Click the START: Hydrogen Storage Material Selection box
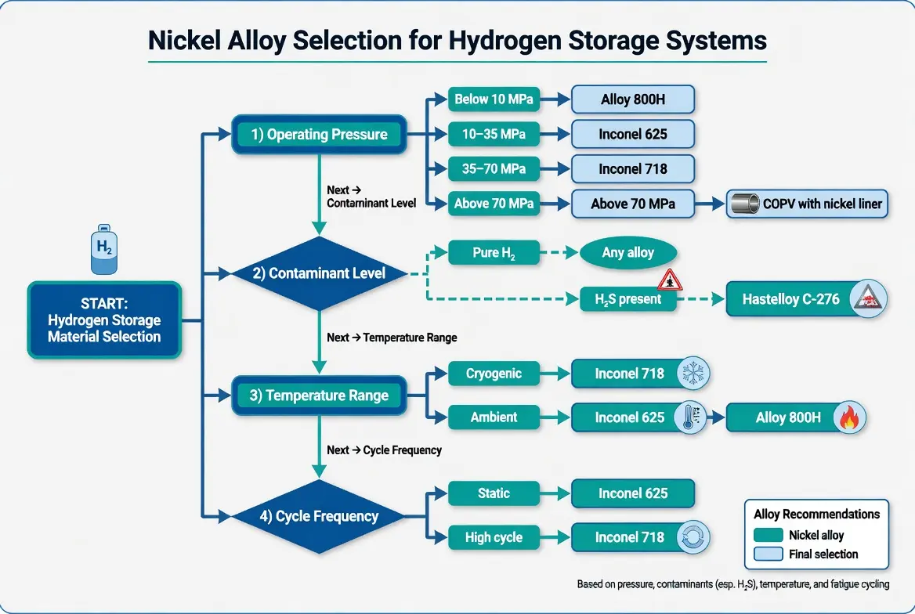pyautogui.click(x=105, y=320)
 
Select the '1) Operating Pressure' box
pyautogui.click(x=319, y=135)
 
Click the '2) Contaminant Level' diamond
pyautogui.click(x=319, y=274)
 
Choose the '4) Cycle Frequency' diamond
pyautogui.click(x=319, y=517)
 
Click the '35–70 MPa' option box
pyautogui.click(x=493, y=169)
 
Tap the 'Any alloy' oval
pyautogui.click(x=627, y=253)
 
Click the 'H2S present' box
pyautogui.click(x=627, y=299)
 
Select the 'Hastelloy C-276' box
pyautogui.click(x=806, y=299)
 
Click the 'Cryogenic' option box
pyautogui.click(x=494, y=374)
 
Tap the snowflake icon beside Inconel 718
pyautogui.click(x=692, y=373)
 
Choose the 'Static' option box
pyautogui.click(x=493, y=493)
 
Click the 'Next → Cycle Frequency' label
pyautogui.click(x=384, y=450)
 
